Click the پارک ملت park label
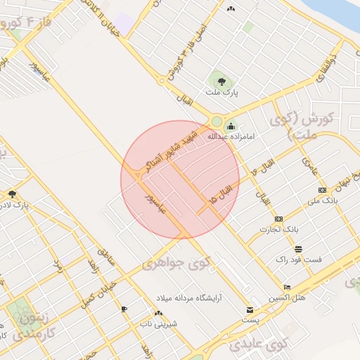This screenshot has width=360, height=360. pyautogui.click(x=222, y=92)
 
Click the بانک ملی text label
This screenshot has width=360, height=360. pyautogui.click(x=323, y=200)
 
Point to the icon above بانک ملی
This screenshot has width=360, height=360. pyautogui.click(x=322, y=190)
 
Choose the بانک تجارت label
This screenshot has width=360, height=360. pyautogui.click(x=280, y=229)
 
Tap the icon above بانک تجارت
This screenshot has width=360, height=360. pyautogui.click(x=279, y=219)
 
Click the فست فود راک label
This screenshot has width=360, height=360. pyautogui.click(x=299, y=259)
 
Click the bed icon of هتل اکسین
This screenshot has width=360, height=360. pyautogui.click(x=287, y=288)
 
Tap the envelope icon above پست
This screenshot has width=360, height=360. pyautogui.click(x=250, y=310)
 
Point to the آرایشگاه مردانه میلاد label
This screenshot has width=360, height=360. pyautogui.click(x=191, y=298)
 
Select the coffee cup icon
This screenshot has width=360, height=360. pyautogui.click(x=124, y=309)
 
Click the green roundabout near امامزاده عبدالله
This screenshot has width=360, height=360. pyautogui.click(x=217, y=122)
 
